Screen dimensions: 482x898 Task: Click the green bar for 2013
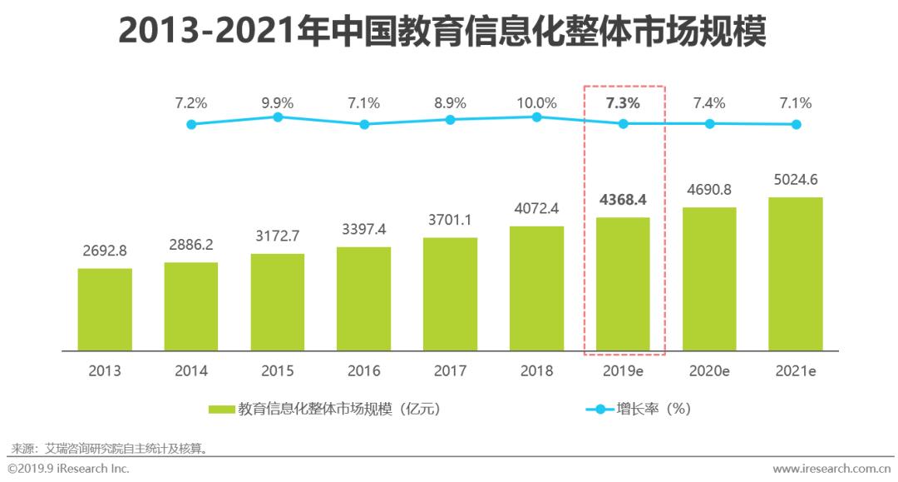coord(105,309)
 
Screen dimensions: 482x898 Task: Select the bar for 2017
coord(450,294)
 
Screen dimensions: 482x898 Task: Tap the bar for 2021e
coord(796,274)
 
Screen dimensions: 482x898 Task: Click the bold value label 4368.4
coord(623,201)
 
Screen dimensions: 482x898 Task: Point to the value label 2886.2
coord(190,246)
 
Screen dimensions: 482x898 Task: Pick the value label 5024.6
coord(796,180)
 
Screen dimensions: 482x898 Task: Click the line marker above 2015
coord(278,117)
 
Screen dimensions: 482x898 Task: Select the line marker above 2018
coord(536,117)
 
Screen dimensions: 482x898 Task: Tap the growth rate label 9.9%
coord(278,103)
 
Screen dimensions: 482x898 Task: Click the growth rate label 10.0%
coord(536,103)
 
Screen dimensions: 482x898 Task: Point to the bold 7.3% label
coord(623,103)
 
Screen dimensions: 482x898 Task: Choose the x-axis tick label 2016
coord(363,370)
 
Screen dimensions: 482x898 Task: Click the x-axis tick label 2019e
coord(623,370)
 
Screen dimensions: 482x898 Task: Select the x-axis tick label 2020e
coord(709,370)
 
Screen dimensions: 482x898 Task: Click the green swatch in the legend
coord(221,409)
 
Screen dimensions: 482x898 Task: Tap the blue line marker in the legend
coord(599,409)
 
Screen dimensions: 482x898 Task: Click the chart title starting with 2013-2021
coord(442,32)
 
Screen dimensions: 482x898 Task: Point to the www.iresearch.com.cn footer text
coord(832,470)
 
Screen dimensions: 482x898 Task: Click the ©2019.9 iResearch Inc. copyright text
coord(68,470)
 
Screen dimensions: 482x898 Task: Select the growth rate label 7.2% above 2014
coord(191,103)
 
